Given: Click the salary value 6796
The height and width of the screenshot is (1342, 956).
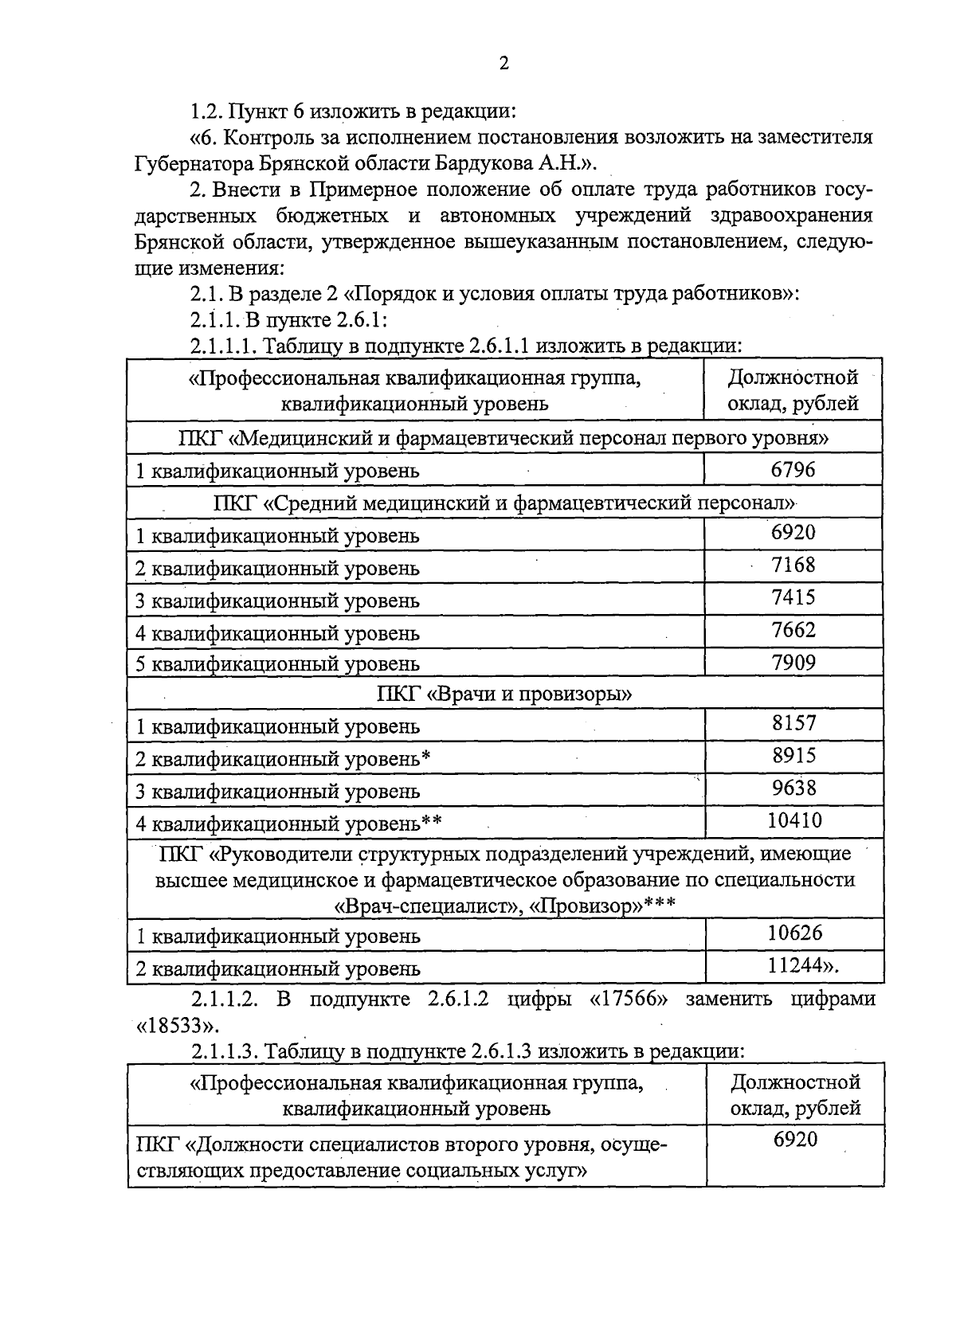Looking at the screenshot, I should (x=793, y=470).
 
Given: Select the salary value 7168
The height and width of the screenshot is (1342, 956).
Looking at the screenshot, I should (x=793, y=565).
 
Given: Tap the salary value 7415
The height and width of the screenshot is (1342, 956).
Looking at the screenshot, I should (x=793, y=597).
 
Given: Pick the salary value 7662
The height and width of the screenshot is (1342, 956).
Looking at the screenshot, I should (x=793, y=630).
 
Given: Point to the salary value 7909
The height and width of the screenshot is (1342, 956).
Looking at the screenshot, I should (x=793, y=662).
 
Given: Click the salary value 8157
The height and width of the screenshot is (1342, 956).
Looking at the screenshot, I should (x=793, y=723).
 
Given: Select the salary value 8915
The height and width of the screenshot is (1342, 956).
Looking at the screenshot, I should (x=793, y=755).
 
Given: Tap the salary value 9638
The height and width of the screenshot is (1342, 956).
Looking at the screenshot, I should (x=793, y=788).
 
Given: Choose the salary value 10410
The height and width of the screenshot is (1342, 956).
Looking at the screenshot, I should (x=793, y=820).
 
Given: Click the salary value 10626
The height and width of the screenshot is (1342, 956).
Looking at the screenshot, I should (x=794, y=933).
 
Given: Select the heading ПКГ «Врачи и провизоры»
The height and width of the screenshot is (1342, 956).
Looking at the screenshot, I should (x=504, y=694).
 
